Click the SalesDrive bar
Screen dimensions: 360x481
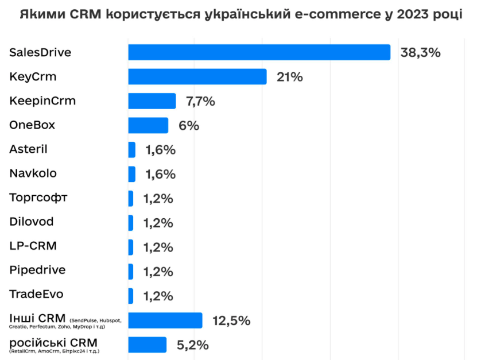coord(259,52)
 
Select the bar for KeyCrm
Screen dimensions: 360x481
coord(197,77)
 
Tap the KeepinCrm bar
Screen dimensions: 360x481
coord(152,101)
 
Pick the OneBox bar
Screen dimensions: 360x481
coord(148,125)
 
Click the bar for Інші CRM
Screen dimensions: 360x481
coord(165,320)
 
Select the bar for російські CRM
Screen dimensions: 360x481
coord(147,344)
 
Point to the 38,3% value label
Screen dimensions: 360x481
coord(420,53)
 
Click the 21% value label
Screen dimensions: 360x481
coord(289,77)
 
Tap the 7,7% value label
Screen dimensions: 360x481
coord(200,102)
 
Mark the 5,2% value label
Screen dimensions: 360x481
coord(193,345)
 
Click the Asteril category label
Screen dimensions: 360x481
coord(28,149)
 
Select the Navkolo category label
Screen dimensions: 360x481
coord(33,173)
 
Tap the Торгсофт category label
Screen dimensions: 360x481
coord(38,198)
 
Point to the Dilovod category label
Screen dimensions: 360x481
coord(32,222)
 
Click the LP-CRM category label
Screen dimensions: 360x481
coord(33,246)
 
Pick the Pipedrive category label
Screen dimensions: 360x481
coord(37,270)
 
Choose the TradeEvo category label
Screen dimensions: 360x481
coord(36,295)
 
